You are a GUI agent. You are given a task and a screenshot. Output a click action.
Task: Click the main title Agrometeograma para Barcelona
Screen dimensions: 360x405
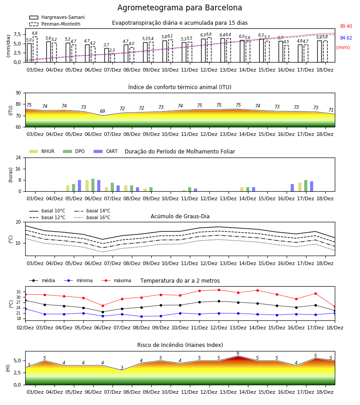click(180, 8)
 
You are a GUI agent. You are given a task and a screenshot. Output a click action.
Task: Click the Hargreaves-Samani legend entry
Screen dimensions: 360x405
click(57, 17)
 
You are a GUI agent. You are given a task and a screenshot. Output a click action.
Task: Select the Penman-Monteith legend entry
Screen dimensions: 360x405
click(55, 24)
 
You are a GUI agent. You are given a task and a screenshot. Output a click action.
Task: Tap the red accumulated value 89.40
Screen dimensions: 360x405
click(346, 27)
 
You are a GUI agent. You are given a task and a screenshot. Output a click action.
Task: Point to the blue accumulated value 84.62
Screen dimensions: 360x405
click(346, 38)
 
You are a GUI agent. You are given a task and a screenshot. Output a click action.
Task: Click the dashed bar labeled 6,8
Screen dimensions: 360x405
click(35, 49)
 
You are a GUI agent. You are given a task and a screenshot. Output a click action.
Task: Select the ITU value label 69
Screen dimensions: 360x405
click(103, 111)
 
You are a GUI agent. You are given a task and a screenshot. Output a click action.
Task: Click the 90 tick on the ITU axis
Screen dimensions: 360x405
click(18, 93)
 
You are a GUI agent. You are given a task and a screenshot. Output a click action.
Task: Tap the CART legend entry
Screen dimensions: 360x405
click(106, 151)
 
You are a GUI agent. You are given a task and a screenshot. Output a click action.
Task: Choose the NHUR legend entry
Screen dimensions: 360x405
click(42, 151)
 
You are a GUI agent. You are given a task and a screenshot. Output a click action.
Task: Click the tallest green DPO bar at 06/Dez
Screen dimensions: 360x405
click(93, 185)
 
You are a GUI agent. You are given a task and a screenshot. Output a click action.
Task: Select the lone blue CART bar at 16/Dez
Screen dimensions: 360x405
click(292, 188)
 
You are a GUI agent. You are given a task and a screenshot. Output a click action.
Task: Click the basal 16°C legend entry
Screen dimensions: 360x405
click(92, 217)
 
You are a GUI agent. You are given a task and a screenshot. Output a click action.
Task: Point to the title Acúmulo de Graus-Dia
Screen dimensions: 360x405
click(180, 216)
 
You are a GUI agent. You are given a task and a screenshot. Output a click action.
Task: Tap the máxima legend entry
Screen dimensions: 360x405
click(116, 280)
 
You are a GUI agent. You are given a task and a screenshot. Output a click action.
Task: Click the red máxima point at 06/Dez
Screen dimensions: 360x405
click(103, 306)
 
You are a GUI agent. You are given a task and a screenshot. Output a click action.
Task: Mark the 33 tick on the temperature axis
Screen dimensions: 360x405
click(18, 292)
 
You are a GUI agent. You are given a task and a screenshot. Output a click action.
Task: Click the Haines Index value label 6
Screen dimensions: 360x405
click(238, 353)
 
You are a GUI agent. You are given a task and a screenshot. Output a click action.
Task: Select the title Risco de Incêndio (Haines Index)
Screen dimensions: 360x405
click(180, 345)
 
